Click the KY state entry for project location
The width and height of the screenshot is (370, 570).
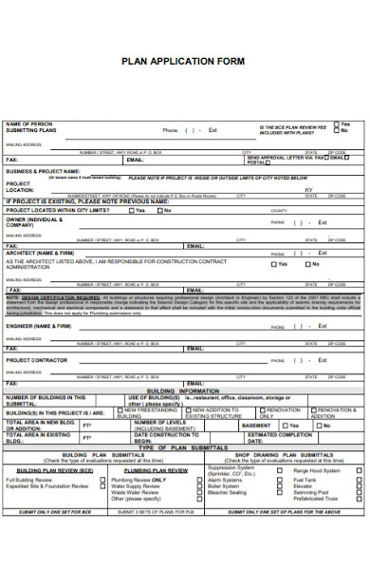(x=308, y=189)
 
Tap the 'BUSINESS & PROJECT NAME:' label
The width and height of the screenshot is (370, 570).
(x=42, y=172)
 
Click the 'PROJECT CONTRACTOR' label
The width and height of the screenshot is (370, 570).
(x=37, y=360)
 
